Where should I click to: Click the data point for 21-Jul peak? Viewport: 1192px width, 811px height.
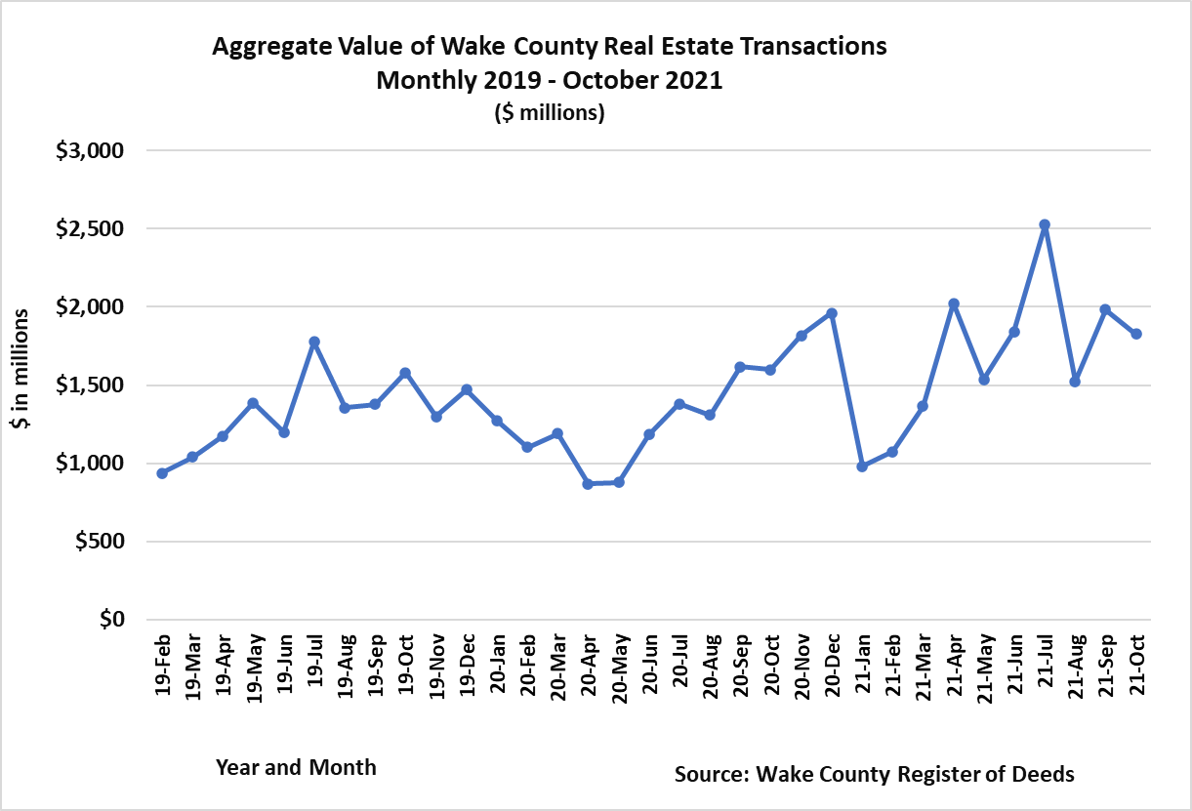(x=1045, y=224)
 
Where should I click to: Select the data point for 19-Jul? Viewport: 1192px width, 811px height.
(x=314, y=342)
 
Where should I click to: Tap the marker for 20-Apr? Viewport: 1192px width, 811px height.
(x=588, y=483)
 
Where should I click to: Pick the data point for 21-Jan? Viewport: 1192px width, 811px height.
(x=862, y=466)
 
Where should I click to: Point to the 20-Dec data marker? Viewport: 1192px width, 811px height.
(x=832, y=313)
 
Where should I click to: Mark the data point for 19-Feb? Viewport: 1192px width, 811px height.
(x=162, y=473)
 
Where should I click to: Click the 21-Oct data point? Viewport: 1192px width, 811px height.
(x=1136, y=334)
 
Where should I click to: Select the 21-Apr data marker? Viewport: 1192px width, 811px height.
(x=954, y=304)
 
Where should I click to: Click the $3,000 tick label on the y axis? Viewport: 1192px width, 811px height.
(x=90, y=150)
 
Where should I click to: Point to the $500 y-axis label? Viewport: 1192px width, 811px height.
(x=99, y=542)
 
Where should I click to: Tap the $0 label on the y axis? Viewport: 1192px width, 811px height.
(x=113, y=620)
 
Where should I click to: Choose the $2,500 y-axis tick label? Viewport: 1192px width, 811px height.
(x=90, y=228)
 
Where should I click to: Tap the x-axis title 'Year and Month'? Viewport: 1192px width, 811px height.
(x=296, y=767)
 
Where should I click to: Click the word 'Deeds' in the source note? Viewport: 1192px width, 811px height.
(x=1042, y=775)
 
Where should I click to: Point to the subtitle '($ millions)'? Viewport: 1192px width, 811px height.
(x=550, y=113)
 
